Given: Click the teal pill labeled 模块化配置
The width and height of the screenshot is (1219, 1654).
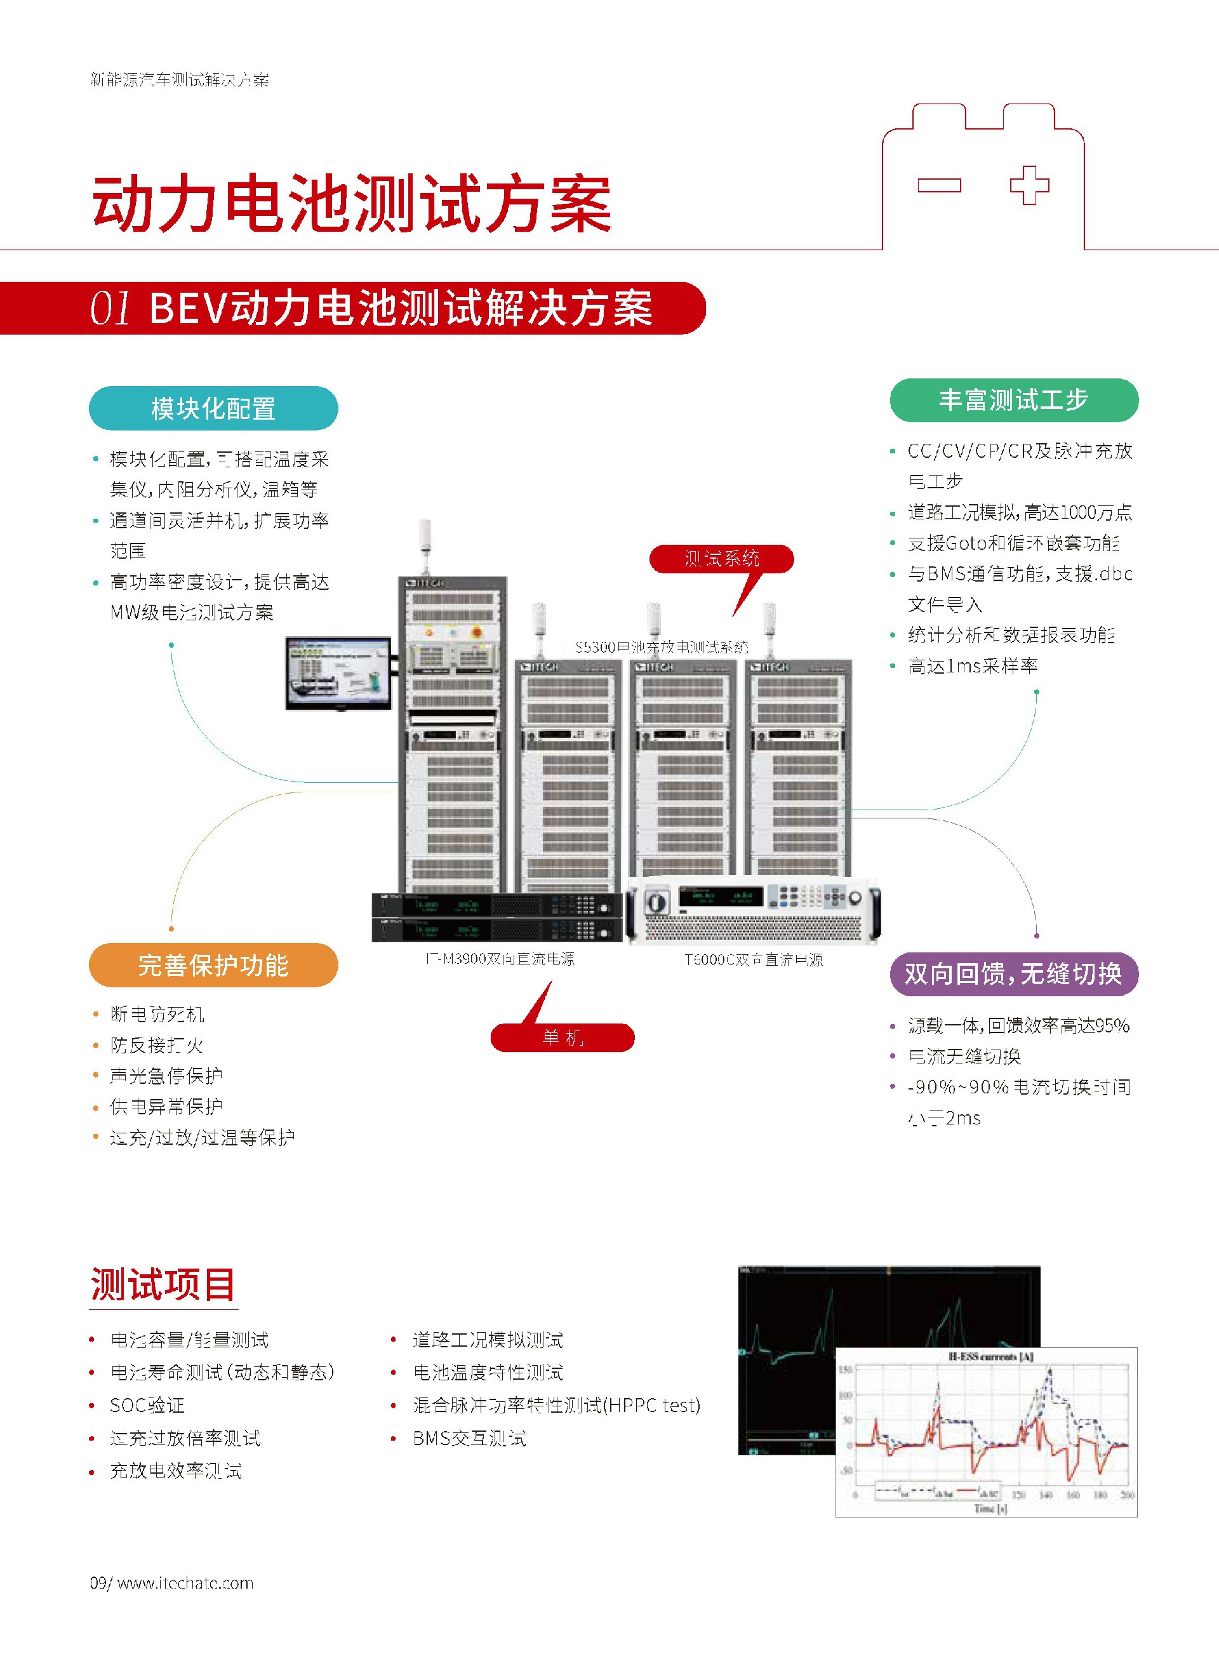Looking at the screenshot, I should click(213, 408).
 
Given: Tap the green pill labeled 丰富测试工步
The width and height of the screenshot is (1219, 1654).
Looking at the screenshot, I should click(1013, 400).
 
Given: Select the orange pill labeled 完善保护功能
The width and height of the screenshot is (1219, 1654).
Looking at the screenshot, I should click(213, 965).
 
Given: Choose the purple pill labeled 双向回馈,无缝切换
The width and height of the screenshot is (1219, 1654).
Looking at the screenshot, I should click(1013, 974).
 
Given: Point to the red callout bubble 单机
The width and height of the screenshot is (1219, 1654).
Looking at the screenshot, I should click(563, 1037).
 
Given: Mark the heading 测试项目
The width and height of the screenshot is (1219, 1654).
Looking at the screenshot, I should click(163, 1284).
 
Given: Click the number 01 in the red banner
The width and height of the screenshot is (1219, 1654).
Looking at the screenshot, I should click(110, 308).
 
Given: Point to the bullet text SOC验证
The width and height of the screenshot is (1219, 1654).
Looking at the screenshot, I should click(147, 1405).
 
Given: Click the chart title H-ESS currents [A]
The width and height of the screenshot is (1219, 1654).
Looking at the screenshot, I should click(990, 1357).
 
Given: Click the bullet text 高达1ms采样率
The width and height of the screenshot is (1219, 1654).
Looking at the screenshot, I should click(973, 666).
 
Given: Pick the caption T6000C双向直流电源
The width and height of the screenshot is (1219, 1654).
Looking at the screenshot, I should click(754, 959).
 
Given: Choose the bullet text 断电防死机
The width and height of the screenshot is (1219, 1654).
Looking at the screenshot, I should click(157, 1015).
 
